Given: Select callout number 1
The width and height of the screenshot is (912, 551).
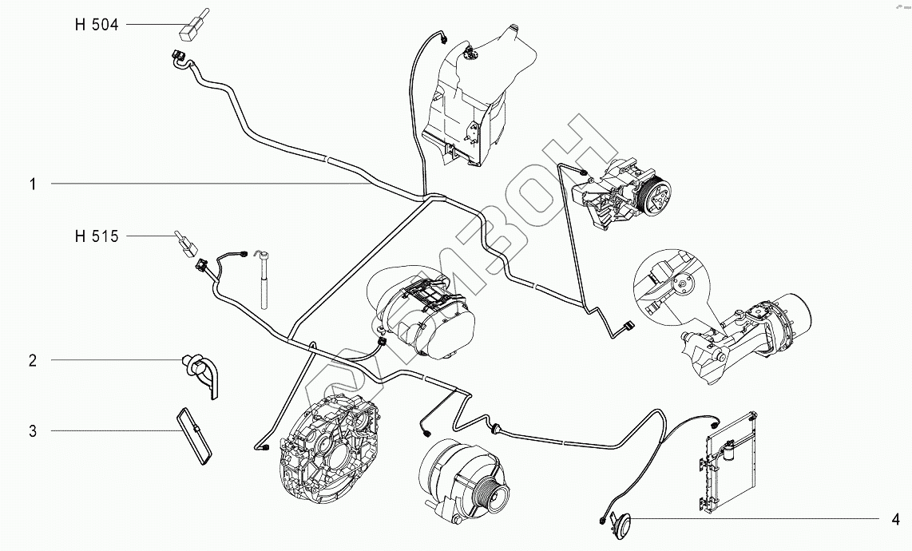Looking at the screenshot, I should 34,184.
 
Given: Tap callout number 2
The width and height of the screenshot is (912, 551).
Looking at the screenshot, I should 34,361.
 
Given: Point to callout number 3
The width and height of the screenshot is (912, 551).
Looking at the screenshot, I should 34,431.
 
